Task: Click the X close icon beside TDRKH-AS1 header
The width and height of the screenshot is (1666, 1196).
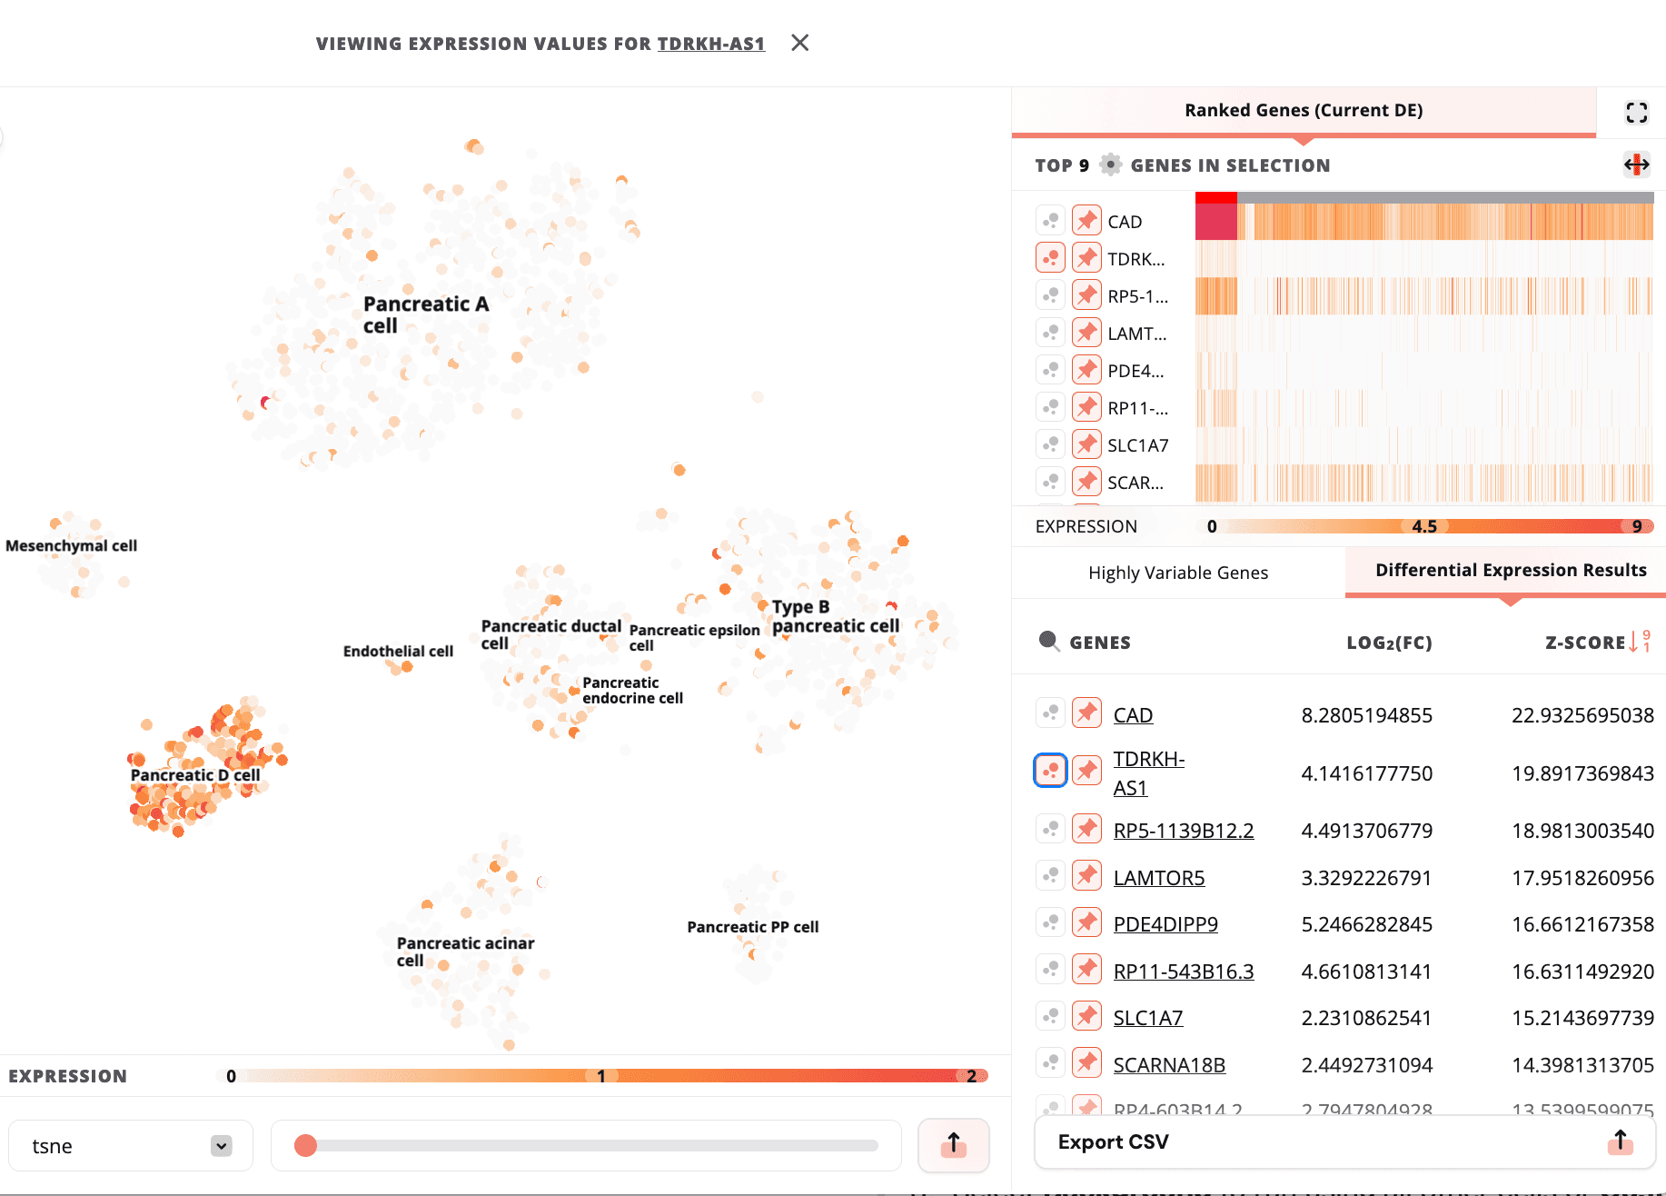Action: (799, 43)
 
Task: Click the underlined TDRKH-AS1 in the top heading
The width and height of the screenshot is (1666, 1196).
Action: (710, 44)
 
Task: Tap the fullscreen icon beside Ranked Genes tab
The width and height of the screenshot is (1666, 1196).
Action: (1636, 112)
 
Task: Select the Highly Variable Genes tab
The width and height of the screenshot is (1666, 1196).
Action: (1177, 573)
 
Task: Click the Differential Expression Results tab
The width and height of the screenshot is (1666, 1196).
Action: (1510, 570)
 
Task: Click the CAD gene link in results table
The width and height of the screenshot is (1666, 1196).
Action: (1133, 715)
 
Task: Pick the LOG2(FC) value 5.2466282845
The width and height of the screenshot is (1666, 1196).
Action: (1366, 924)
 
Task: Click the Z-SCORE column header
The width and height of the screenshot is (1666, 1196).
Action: (1585, 643)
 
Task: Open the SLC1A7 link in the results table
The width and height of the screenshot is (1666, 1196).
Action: (1147, 1018)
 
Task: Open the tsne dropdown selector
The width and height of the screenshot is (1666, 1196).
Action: (131, 1146)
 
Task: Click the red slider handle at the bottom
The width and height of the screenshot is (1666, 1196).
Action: (306, 1146)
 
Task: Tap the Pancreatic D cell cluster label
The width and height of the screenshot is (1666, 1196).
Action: (195, 775)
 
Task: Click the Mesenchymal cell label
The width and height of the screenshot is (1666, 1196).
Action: (71, 545)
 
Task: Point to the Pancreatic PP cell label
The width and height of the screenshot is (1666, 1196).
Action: (752, 927)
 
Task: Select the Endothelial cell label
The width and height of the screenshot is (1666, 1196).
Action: (398, 651)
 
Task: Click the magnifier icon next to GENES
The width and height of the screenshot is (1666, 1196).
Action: (1049, 642)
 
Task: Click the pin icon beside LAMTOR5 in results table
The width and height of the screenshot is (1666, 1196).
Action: (1086, 876)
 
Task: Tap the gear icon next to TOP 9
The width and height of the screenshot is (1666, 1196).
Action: (1110, 164)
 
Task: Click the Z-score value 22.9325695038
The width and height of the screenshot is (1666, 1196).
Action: (1582, 715)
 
